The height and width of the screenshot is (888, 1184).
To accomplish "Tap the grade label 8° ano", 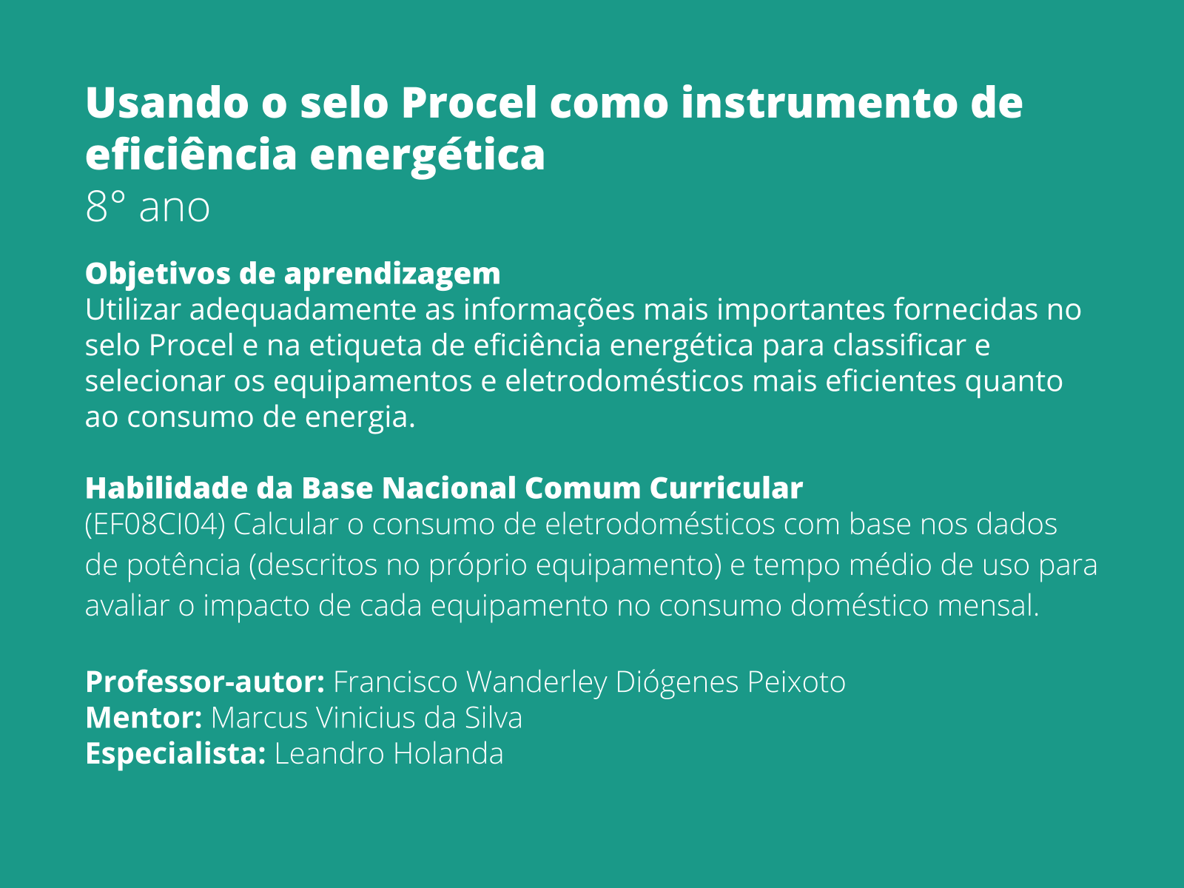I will (x=147, y=207).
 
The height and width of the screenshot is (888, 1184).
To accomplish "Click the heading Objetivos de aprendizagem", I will (x=292, y=274).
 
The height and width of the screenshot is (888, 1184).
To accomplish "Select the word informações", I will (x=549, y=309).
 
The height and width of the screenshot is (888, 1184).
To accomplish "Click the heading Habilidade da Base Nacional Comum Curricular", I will (x=444, y=488).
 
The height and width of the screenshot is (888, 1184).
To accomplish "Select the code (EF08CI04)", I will (x=155, y=525).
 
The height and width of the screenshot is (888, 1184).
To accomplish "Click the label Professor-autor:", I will (x=205, y=682).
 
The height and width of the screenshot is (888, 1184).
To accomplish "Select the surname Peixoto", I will (x=796, y=682).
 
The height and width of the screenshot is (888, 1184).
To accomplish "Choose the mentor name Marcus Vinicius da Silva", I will (x=366, y=718).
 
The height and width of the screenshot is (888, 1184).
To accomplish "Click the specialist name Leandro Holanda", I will (x=388, y=754).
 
